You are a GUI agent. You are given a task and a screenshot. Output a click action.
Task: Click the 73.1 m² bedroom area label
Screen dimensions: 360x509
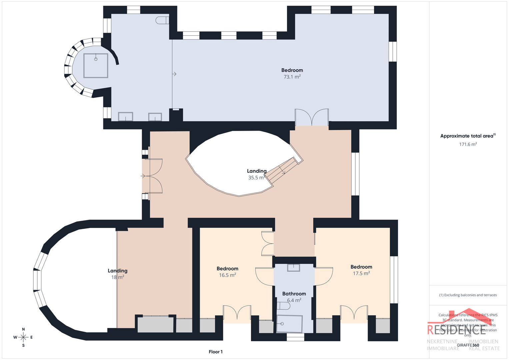tap(292, 77)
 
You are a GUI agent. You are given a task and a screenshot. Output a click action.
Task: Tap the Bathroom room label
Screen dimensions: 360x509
tap(294, 294)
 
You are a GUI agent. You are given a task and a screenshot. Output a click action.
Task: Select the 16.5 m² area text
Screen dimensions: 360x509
tap(227, 275)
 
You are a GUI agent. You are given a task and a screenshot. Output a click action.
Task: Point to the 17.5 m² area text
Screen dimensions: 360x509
tap(361, 273)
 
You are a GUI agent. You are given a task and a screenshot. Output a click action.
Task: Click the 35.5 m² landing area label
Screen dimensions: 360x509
tap(256, 178)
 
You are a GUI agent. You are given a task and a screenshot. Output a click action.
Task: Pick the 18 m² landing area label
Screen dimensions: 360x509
tap(118, 277)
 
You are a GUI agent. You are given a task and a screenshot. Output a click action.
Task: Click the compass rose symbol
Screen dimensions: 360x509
tap(23, 337)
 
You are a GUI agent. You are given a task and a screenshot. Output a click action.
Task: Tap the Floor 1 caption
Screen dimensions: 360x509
tap(216, 352)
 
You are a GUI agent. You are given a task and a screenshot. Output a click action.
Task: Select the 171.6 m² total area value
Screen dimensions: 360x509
tap(468, 144)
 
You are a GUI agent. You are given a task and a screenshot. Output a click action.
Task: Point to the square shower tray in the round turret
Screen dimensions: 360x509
tap(96, 65)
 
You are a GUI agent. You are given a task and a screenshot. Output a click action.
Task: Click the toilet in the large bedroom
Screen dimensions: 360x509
tap(162, 20)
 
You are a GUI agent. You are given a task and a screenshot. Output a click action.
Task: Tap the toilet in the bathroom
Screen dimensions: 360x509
tap(283, 306)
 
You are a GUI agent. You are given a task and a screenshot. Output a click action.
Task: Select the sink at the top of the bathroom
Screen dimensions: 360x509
tap(294, 267)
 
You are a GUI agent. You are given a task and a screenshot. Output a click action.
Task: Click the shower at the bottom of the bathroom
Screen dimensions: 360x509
tap(289, 324)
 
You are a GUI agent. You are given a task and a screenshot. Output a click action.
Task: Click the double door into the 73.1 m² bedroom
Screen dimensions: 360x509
tap(312, 117)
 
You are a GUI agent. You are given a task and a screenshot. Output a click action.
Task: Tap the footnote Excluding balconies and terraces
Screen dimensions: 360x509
tap(468, 295)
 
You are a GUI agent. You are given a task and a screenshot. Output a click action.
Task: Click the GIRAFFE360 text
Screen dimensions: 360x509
tap(468, 345)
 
